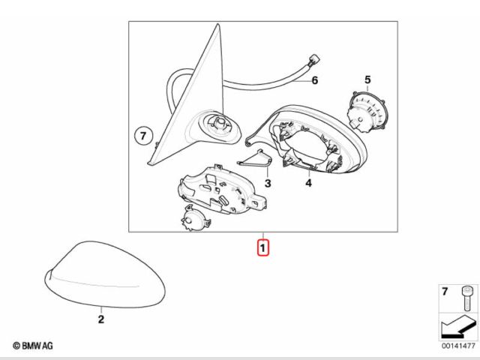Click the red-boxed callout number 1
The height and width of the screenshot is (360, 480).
pyautogui.click(x=263, y=247)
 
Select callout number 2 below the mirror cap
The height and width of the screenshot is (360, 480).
pyautogui.click(x=101, y=319)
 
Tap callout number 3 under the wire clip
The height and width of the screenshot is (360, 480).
pyautogui.click(x=268, y=183)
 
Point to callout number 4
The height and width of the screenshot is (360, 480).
pyautogui.click(x=308, y=183)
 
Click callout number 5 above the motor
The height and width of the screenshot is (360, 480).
pyautogui.click(x=367, y=79)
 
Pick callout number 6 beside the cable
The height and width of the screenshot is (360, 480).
pyautogui.click(x=315, y=80)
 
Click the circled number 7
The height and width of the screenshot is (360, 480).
pyautogui.click(x=143, y=135)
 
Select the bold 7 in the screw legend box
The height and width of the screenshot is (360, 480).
pyautogui.click(x=445, y=292)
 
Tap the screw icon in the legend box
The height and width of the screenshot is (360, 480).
pyautogui.click(x=466, y=298)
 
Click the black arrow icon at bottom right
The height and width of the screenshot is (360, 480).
pyautogui.click(x=458, y=327)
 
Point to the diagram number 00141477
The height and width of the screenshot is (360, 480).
pyautogui.click(x=458, y=346)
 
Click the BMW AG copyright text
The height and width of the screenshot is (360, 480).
pyautogui.click(x=33, y=346)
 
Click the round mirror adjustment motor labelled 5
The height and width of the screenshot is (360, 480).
pyautogui.click(x=366, y=112)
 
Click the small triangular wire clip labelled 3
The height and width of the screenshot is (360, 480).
pyautogui.click(x=255, y=159)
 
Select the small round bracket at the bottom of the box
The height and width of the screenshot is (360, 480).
pyautogui.click(x=195, y=218)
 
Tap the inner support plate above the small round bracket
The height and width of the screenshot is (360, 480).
pyautogui.click(x=222, y=190)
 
